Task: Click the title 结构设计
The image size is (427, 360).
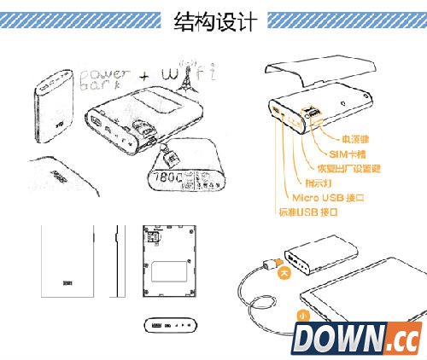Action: pos(213,20)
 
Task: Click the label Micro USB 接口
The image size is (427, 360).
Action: pos(321,197)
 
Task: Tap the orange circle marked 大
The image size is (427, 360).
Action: pos(285,275)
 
